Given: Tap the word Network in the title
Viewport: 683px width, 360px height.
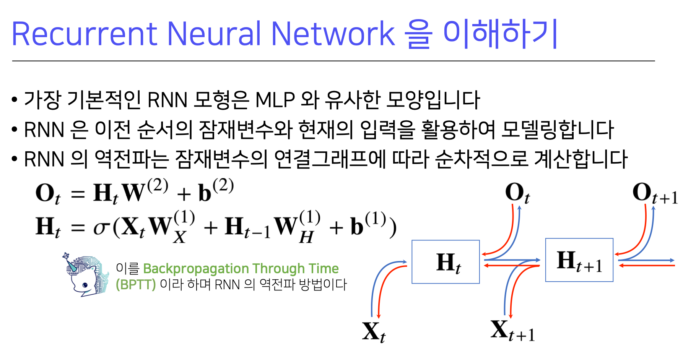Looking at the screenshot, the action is coord(333,34).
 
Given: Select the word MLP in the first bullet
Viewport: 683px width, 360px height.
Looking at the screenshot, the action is coord(275,101).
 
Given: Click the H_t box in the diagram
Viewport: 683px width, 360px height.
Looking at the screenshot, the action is coord(446,262).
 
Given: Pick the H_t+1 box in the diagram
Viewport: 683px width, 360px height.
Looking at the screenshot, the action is coord(579,260).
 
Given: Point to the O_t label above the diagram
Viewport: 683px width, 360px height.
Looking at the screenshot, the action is coord(517,193).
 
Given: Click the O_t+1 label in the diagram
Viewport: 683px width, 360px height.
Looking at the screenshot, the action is coord(654,193).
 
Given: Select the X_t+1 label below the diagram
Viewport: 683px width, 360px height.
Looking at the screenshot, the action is coord(512,331).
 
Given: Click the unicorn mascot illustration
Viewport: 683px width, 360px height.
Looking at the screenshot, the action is coord(86,275).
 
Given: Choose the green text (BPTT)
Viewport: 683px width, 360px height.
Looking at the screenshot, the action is coord(135,285).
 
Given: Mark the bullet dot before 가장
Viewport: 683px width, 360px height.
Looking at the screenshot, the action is coord(15,101).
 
